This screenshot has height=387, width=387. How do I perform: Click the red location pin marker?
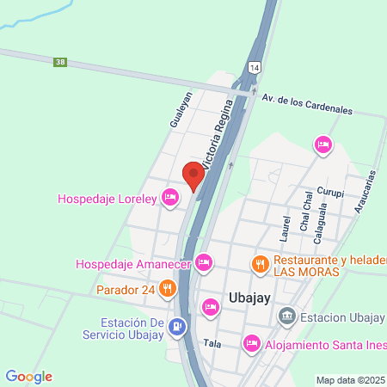pos(193,176)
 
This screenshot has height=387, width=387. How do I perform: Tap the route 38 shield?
pos(59,62)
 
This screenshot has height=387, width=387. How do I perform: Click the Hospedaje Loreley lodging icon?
pos(170,199)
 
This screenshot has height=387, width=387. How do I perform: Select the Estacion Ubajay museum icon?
pos(287,318)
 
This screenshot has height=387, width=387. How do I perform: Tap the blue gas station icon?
pos(177,327)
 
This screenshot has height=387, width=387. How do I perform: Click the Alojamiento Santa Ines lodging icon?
pos(251,344)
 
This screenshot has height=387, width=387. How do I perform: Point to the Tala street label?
pos(212,343)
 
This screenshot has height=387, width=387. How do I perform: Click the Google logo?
pos(29,377)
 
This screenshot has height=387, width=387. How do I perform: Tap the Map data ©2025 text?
pos(350,379)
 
